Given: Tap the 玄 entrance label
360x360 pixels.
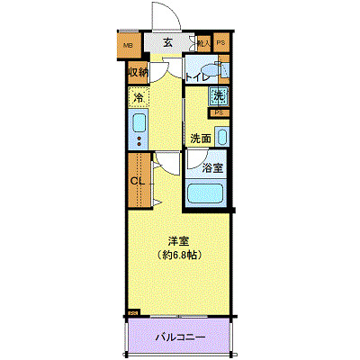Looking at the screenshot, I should tap(168, 41).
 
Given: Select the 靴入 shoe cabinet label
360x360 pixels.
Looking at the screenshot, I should tap(203, 42).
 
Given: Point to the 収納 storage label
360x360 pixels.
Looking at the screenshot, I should tap(138, 73).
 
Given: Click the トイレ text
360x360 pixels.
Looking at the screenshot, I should tap(198, 78).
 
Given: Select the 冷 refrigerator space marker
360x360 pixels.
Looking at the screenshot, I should tap(139, 96).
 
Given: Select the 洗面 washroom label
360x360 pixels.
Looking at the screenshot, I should tap(201, 139).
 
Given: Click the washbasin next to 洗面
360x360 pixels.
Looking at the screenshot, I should tap(222, 138).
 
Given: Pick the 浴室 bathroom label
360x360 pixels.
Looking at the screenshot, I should tap(212, 166).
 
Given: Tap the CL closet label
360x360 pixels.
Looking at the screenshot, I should tap(138, 180).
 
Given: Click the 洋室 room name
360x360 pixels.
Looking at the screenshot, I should tap(178, 240).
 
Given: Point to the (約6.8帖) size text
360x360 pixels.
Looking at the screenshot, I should tap(178, 255).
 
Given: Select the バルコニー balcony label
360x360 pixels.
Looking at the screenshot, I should tap(179, 337).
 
